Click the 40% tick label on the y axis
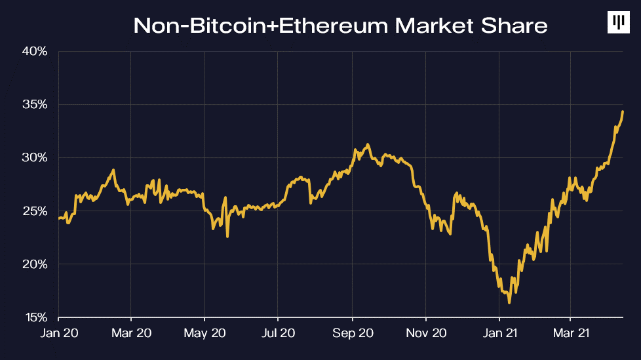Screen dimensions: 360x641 (35, 51)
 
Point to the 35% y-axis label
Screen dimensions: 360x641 (35, 104)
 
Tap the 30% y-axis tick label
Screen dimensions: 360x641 (35, 157)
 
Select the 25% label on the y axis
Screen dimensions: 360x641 (35, 211)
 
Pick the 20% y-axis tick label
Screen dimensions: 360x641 (35, 264)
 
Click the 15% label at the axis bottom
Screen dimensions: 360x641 (35, 318)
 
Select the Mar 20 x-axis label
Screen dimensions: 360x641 (131, 333)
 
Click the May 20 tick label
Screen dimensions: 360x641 (204, 333)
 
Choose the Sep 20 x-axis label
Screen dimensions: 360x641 (353, 333)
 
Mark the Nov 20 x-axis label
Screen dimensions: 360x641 (426, 333)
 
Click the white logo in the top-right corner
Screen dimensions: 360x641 (618, 23)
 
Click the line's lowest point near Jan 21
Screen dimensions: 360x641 (509, 302)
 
